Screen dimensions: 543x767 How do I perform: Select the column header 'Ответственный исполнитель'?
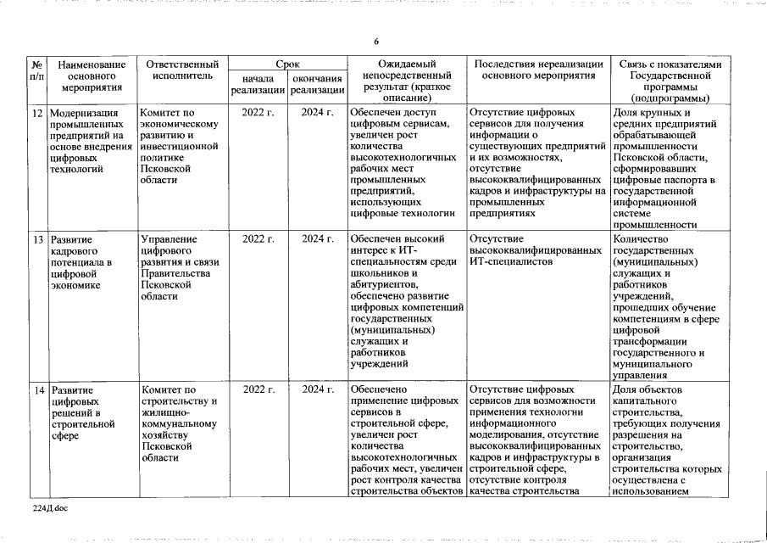[x=182, y=70]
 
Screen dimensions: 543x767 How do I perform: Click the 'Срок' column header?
[x=287, y=64]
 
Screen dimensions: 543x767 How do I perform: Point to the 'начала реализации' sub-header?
[x=258, y=85]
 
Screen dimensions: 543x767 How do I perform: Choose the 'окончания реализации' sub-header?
[x=317, y=85]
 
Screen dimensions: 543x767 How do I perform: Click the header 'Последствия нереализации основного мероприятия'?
[x=538, y=70]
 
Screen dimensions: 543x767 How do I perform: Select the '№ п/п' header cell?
[x=37, y=70]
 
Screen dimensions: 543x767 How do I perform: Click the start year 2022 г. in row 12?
[x=258, y=113]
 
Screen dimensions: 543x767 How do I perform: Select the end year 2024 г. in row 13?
[x=317, y=239]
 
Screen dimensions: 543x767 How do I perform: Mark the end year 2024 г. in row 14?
[x=317, y=390]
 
